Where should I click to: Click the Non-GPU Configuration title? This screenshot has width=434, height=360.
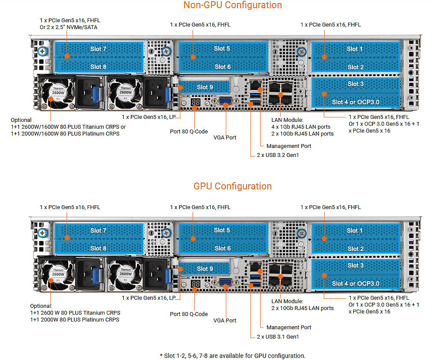pos(232,5)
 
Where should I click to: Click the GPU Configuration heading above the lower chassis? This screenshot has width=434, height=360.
pos(232,186)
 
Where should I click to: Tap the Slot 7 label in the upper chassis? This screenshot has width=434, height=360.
pos(98,49)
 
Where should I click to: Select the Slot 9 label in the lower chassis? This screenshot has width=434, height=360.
pos(205,269)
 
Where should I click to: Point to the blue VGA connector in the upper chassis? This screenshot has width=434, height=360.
pos(225,101)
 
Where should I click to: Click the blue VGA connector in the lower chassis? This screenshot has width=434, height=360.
pos(225,283)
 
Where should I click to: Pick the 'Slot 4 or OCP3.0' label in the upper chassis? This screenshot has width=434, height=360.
pos(356,102)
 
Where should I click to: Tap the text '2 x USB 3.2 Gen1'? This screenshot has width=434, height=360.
pos(278,155)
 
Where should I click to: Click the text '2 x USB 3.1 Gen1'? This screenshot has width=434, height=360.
pos(278,337)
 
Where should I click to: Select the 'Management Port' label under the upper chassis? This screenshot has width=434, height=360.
pos(289,146)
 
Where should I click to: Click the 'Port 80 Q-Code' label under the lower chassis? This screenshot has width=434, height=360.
pos(189,314)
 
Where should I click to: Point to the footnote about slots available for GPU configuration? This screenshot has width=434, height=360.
pos(232,356)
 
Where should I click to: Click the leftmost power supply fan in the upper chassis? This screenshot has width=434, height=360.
pos(58,92)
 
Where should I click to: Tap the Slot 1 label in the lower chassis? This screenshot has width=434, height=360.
pos(355,230)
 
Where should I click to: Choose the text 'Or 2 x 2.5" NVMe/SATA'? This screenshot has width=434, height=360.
pos(69,27)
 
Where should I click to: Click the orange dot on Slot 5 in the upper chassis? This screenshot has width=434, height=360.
pos(193,57)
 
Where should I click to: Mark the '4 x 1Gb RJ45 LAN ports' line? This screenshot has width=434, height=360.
pos(301,127)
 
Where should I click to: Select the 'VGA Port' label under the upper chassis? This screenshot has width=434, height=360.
pos(225,138)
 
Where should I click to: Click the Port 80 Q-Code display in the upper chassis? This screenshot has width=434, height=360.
pos(196,102)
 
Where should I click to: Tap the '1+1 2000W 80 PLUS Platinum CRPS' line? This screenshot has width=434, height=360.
pos(75,319)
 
